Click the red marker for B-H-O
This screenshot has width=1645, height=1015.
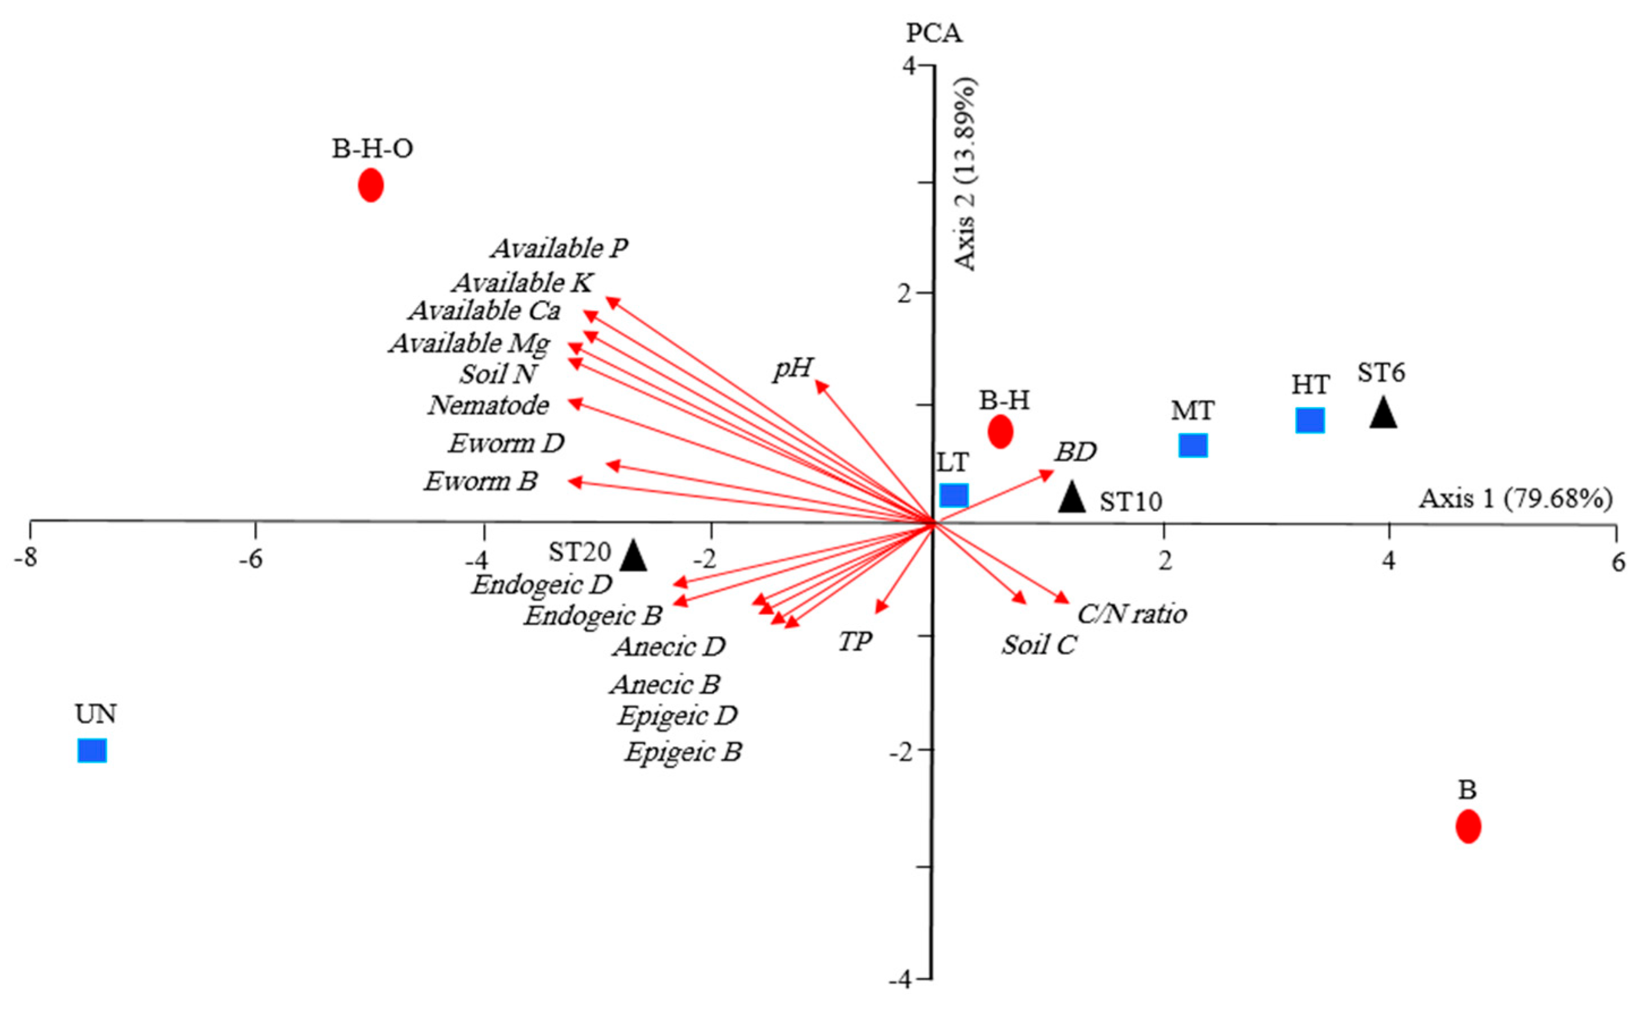point(370,185)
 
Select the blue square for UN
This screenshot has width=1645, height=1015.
point(92,751)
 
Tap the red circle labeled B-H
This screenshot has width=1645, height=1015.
point(1000,432)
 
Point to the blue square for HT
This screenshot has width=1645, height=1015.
point(1309,420)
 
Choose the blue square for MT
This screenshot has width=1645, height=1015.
point(1193,445)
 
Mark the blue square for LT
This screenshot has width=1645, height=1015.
point(953,495)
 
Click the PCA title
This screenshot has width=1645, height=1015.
point(934,32)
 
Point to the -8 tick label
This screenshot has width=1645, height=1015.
point(26,558)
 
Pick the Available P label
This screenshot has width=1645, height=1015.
point(560,249)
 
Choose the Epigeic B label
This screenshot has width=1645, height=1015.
point(683,751)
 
